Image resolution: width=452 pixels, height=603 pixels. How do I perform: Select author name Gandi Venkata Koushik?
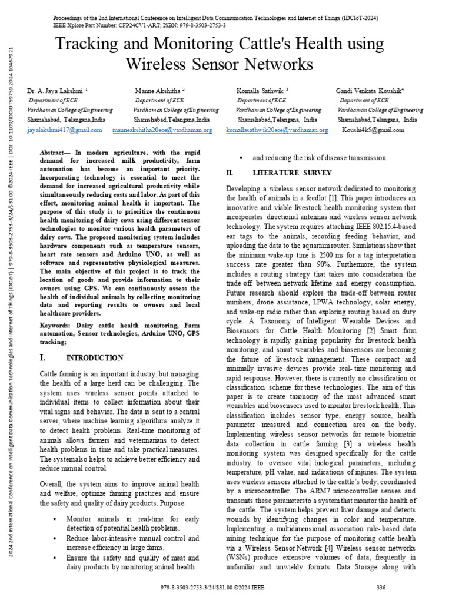[x=373, y=91]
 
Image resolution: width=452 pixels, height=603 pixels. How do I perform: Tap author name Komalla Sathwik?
[x=261, y=91]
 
